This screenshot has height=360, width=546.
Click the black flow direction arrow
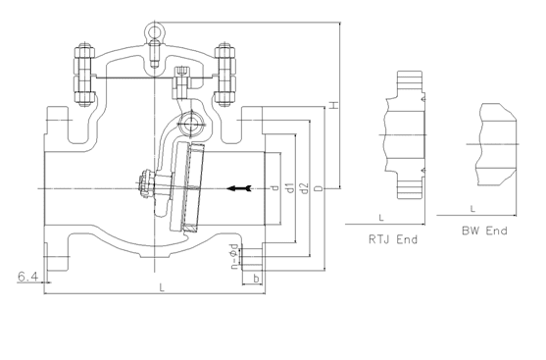pyautogui.click(x=239, y=188)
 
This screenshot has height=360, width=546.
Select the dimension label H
pyautogui.click(x=334, y=105)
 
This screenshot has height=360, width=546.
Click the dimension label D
pyautogui.click(x=319, y=188)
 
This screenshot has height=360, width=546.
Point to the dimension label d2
pyautogui.click(x=304, y=188)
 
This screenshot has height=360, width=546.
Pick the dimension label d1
pyautogui.click(x=290, y=187)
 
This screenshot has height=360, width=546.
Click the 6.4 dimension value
pyautogui.click(x=27, y=277)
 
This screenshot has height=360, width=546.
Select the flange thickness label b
pyautogui.click(x=256, y=279)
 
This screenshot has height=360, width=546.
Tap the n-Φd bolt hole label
pyautogui.click(x=235, y=256)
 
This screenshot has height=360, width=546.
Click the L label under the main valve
pyautogui.click(x=162, y=287)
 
